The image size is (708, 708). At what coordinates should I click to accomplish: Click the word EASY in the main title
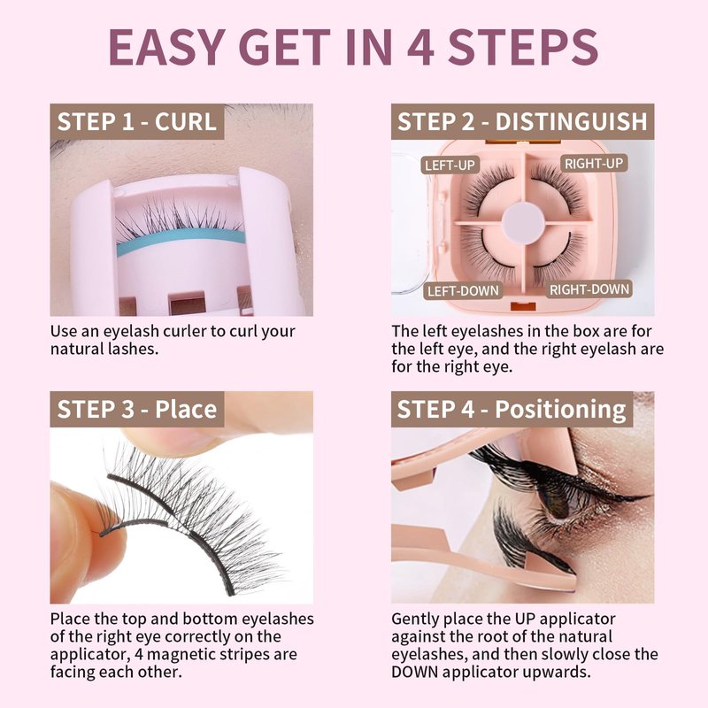pyautogui.click(x=167, y=47)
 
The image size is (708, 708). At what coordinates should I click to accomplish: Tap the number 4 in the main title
pyautogui.click(x=420, y=47)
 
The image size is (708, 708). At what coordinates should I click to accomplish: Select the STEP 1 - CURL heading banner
pyautogui.click(x=137, y=121)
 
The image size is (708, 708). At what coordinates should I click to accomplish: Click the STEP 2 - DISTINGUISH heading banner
pyautogui.click(x=522, y=121)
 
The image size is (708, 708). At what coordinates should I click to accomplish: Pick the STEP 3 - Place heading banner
pyautogui.click(x=137, y=409)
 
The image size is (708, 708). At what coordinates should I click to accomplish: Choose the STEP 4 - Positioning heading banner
pyautogui.click(x=512, y=409)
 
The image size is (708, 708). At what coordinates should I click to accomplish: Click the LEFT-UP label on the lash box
pyautogui.click(x=450, y=165)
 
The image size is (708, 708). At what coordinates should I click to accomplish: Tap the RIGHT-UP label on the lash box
pyautogui.click(x=594, y=163)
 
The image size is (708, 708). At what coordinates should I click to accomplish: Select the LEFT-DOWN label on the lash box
pyautogui.click(x=463, y=290)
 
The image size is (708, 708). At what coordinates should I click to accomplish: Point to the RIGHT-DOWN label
pyautogui.click(x=589, y=289)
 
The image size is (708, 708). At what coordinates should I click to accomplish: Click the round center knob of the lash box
pyautogui.click(x=524, y=223)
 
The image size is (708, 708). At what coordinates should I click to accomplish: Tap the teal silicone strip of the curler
pyautogui.click(x=181, y=241)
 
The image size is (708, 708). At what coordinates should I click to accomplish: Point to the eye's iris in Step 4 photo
pyautogui.click(x=558, y=500)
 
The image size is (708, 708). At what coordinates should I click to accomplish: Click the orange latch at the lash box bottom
pyautogui.click(x=523, y=306)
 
